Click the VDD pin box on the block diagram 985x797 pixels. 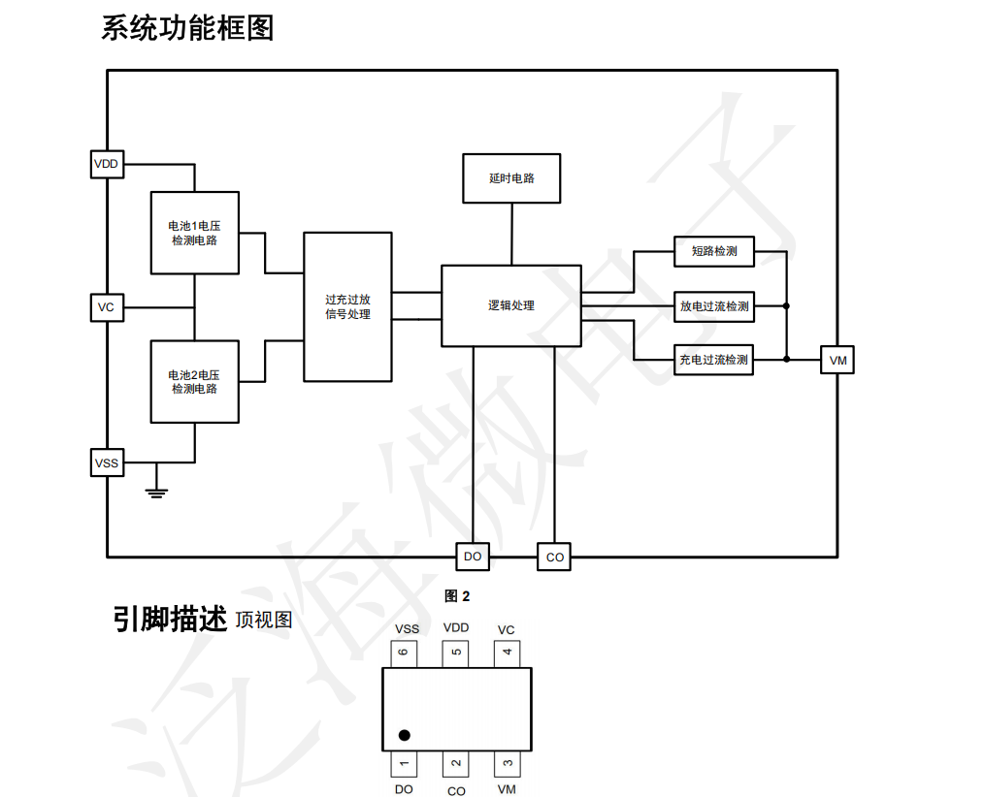107,165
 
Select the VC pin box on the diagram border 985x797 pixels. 107,307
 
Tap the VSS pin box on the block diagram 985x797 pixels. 107,463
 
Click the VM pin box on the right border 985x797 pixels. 837,361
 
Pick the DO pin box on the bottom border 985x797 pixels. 473,557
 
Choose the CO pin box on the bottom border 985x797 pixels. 554,557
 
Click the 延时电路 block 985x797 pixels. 511,178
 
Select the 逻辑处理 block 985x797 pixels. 511,305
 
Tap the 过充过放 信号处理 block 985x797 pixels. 348,307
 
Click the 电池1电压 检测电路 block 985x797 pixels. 195,233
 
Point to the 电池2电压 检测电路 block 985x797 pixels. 195,382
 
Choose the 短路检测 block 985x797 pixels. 714,252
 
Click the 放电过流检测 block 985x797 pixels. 714,307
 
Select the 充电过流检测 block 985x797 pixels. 713,361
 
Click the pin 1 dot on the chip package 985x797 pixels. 405,735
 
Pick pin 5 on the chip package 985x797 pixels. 455,654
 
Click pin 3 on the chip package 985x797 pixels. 507,764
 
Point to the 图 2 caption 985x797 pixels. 457,596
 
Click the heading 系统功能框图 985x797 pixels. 188,28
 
